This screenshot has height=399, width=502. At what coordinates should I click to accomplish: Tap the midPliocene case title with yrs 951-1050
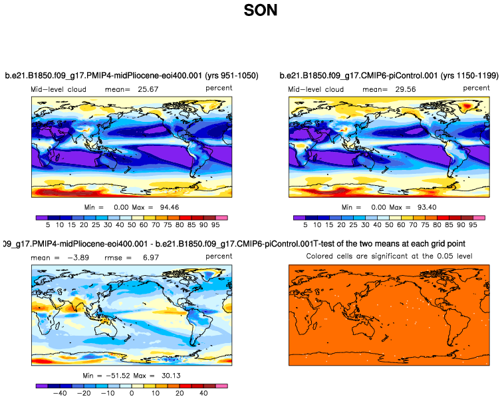(132, 75)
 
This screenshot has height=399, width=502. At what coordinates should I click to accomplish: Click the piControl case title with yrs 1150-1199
(388, 75)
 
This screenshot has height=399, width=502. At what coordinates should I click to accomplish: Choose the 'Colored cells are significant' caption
(388, 256)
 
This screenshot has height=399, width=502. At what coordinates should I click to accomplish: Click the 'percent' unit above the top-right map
(476, 87)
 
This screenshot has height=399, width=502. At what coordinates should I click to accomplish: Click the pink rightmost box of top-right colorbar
(479, 218)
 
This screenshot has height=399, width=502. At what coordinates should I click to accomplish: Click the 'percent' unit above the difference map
(219, 256)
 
